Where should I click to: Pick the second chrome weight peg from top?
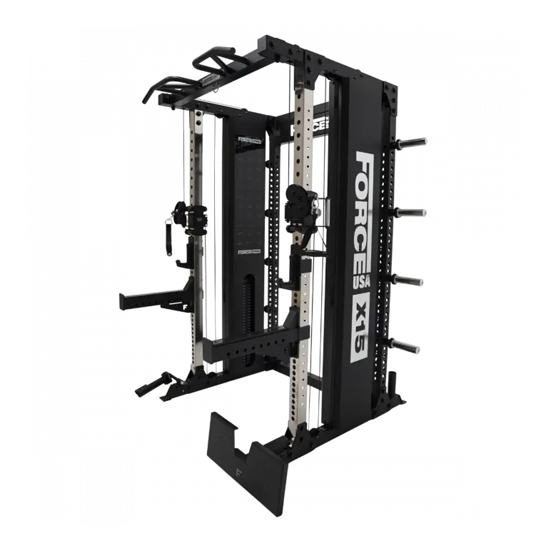point(413,211)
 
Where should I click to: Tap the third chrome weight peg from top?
point(412,280)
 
